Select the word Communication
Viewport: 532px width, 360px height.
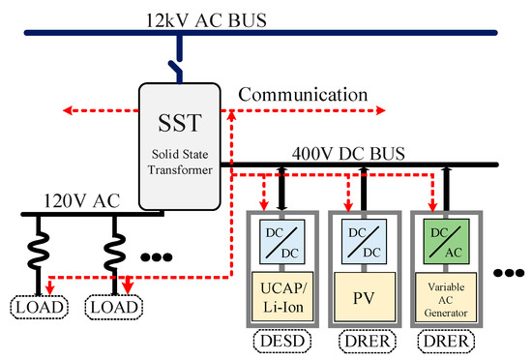[304, 95]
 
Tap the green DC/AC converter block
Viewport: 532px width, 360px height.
[443, 238]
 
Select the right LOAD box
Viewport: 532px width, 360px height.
[113, 309]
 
